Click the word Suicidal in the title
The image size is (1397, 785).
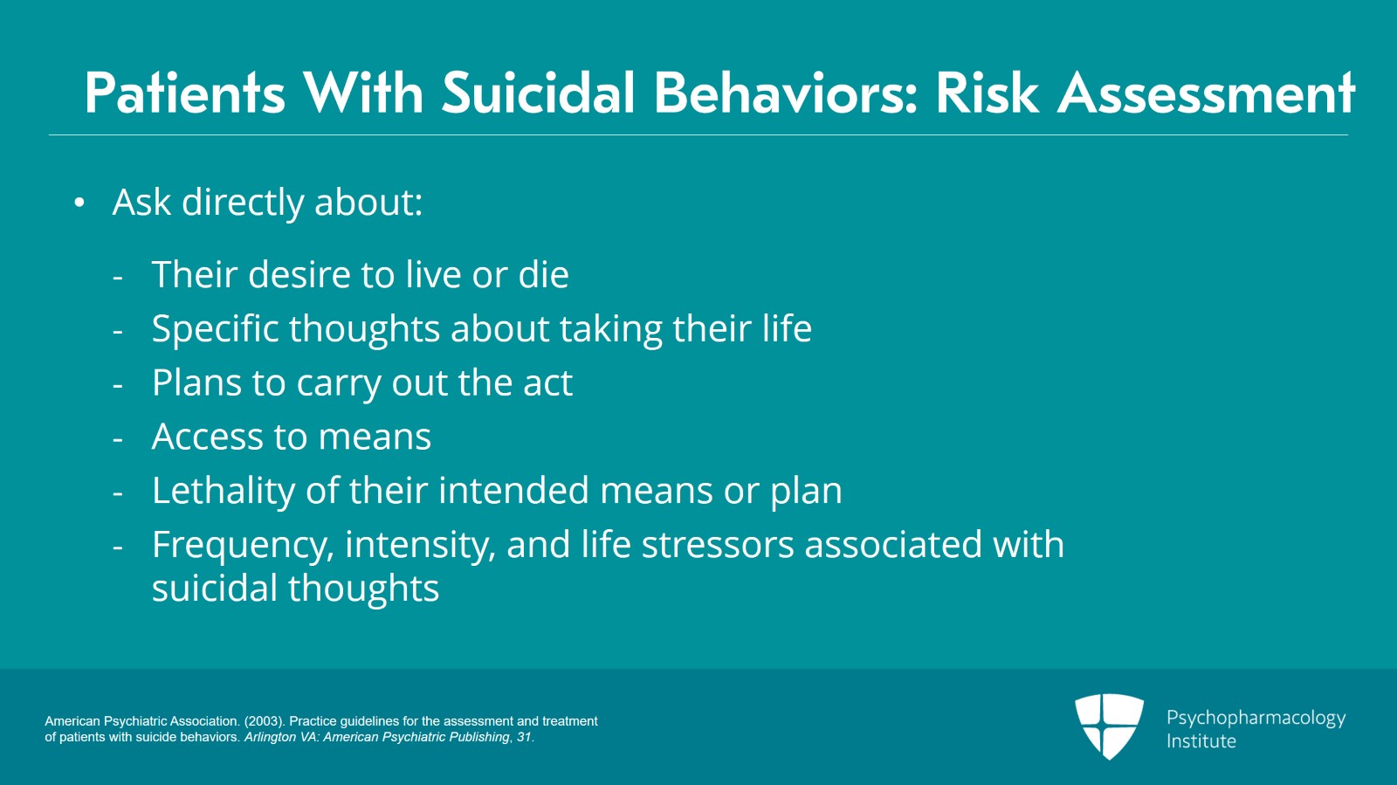[538, 93]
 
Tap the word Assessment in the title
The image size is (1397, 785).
[1207, 93]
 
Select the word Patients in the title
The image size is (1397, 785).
[185, 93]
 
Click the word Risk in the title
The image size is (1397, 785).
[987, 93]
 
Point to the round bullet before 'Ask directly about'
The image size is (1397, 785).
[79, 203]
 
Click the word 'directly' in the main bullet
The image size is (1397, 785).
[243, 203]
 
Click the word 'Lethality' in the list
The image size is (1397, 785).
[223, 491]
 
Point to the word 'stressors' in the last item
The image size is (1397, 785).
[718, 545]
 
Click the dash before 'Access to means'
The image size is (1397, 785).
[118, 438]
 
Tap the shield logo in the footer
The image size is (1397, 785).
[1109, 726]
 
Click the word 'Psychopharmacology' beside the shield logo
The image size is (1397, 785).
[1256, 718]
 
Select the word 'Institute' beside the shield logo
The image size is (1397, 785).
[1201, 741]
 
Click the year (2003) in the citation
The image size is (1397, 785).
[264, 721]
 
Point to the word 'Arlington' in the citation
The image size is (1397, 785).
[270, 737]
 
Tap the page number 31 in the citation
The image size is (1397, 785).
[523, 737]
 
